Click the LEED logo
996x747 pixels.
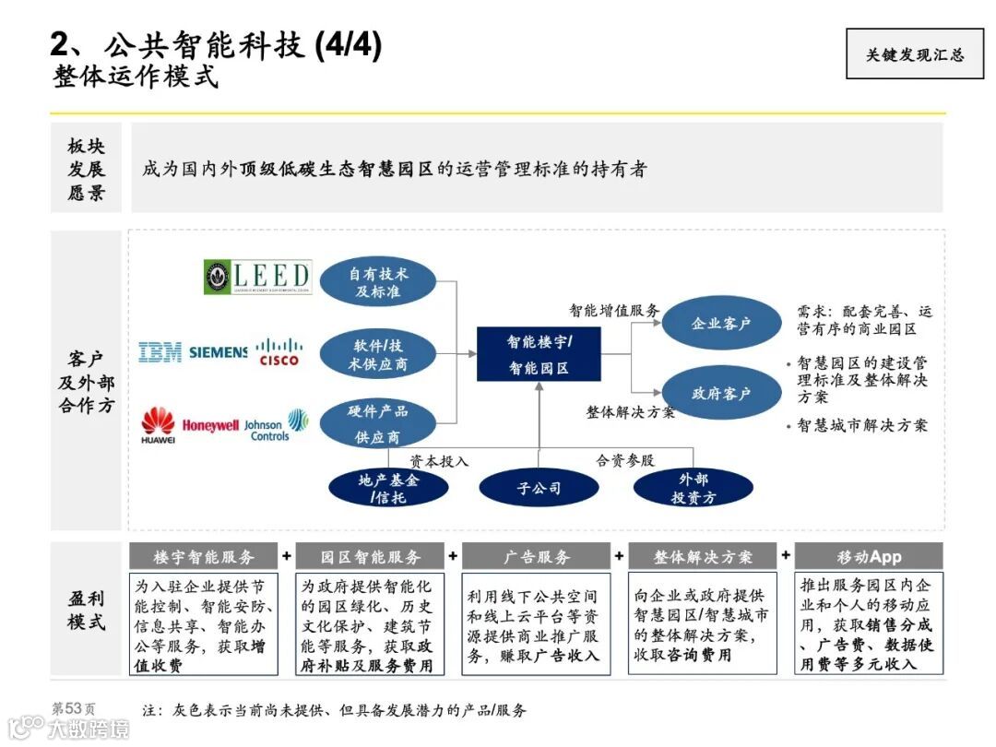(257, 277)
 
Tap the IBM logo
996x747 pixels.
(160, 351)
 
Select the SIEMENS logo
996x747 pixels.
(218, 351)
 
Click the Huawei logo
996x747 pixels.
(158, 425)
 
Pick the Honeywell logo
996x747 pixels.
(210, 425)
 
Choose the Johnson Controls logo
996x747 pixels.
(277, 424)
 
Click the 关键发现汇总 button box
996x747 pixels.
(914, 54)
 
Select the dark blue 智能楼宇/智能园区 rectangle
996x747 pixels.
(539, 354)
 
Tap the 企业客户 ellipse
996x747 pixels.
(721, 324)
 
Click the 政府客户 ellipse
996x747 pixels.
(721, 394)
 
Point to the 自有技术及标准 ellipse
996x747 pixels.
(377, 282)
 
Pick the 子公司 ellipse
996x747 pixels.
(539, 488)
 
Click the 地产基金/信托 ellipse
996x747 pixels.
(388, 488)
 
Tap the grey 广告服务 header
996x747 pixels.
(536, 557)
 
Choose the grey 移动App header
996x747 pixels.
(869, 557)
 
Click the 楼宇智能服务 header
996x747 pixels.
(203, 557)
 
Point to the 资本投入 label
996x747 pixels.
(439, 460)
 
